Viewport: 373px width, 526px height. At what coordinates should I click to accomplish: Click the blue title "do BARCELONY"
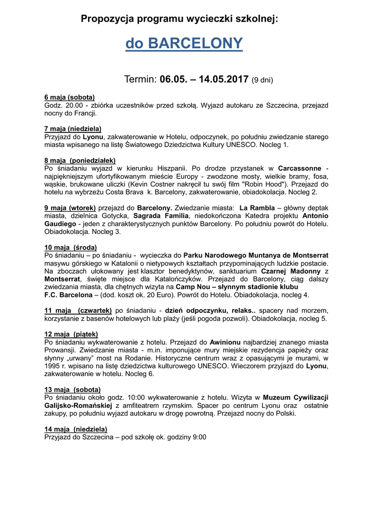point(184,44)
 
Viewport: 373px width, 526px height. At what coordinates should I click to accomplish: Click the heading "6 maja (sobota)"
point(69,97)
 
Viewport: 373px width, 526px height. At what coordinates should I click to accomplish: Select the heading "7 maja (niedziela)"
point(73,129)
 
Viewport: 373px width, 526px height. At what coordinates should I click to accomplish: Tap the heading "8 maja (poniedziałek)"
point(80,160)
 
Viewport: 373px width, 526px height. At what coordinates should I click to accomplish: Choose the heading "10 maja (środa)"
point(70,247)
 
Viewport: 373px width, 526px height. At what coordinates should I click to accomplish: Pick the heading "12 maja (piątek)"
point(71,334)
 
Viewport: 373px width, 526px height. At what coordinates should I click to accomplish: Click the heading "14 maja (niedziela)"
point(76,429)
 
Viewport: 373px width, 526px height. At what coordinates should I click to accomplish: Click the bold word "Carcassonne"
point(299,168)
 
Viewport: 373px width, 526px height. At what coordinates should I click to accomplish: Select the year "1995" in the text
point(54,366)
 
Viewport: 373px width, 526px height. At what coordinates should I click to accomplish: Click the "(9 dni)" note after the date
point(262,80)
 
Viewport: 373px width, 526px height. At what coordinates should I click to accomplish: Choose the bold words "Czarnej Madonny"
point(291,271)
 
